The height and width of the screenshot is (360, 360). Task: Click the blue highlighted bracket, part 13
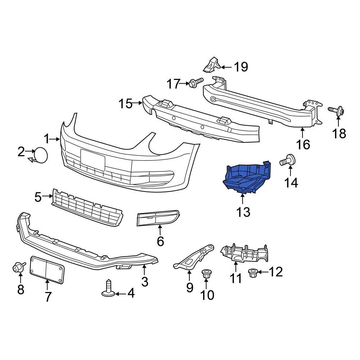[x=245, y=178]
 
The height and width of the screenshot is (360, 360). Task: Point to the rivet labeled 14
[x=288, y=161]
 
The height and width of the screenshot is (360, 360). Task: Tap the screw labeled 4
[x=108, y=289]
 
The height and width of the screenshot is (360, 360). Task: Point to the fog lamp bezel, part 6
[x=157, y=219]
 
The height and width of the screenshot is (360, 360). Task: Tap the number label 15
[x=126, y=104]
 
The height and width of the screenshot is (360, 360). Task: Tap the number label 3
[x=144, y=281]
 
